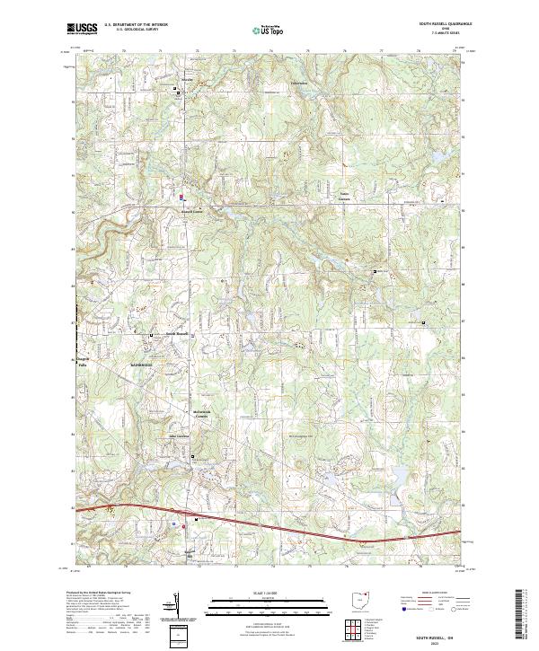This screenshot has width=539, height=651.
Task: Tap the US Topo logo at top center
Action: click(x=261, y=30)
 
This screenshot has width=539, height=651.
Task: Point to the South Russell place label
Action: click(x=176, y=333)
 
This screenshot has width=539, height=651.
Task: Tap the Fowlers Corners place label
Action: click(x=342, y=196)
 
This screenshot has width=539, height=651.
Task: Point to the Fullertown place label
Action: click(x=297, y=84)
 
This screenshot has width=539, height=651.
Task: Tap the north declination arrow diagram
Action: click(x=177, y=606)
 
